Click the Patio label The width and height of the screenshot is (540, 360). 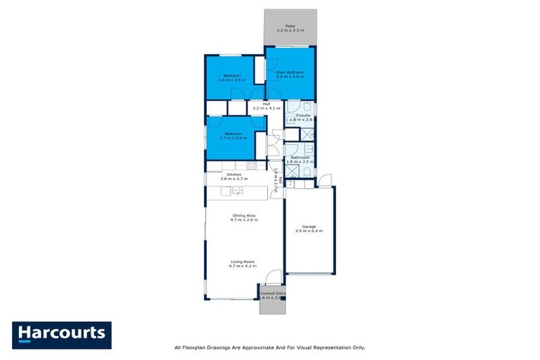tap(290, 27)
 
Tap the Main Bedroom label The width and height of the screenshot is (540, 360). tap(290, 73)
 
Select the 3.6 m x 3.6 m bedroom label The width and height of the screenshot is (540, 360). tap(233, 77)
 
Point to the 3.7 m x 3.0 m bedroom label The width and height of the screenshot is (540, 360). tap(233, 136)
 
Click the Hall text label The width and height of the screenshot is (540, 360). tap(266, 105)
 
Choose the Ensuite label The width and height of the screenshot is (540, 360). tap(303, 117)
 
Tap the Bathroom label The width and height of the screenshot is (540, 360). tap(300, 160)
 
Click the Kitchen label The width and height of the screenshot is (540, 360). tap(234, 176)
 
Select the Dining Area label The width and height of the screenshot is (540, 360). tap(244, 217)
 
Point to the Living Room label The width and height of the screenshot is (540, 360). tap(243, 264)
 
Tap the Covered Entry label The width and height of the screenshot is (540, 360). tap(273, 295)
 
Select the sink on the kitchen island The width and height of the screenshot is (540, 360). tap(238, 191)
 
